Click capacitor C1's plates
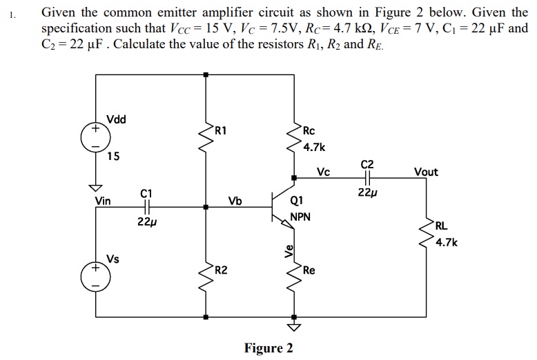point(146,206)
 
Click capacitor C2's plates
point(367,179)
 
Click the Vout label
point(425,172)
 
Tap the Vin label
point(103,201)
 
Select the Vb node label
point(235,201)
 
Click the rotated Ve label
point(289,252)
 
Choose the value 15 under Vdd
point(113,157)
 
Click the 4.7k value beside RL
point(446,242)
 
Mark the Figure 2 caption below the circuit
point(268,347)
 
